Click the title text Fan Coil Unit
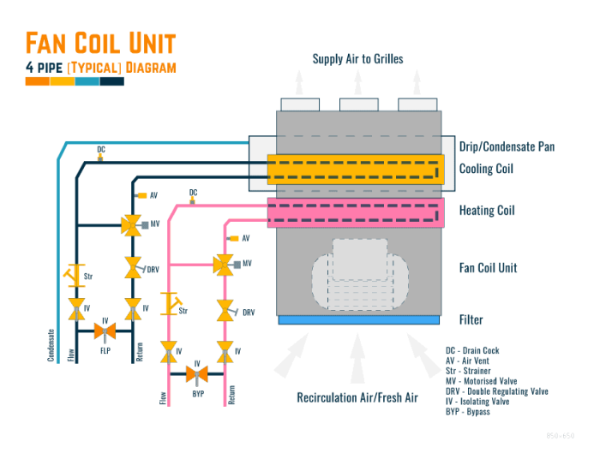pos(100,43)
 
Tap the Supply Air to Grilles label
pos(357,59)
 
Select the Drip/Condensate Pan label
pos(507,146)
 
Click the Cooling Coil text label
pos(486,169)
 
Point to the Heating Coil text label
pos(486,210)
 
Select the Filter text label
pos(471,320)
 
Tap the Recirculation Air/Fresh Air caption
pos(357,397)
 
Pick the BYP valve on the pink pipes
pos(196,373)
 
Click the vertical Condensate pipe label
pos(51,345)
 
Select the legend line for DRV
pos(496,391)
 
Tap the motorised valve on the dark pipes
pos(132,225)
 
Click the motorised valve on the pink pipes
pos(225,265)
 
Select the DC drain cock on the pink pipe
pos(193,200)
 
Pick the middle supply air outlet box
pos(358,104)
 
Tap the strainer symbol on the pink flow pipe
pos(171,303)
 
